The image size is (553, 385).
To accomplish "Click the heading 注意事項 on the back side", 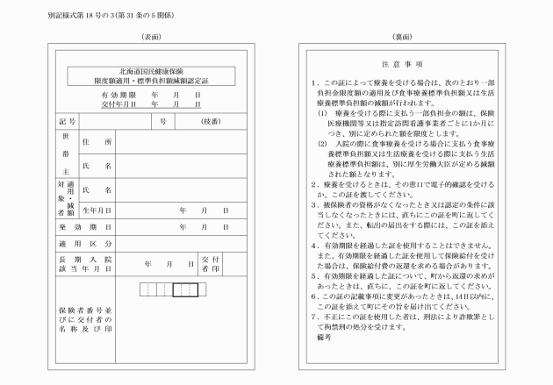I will pyautogui.click(x=402, y=64).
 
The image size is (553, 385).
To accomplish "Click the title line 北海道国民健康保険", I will pyautogui.click(x=150, y=69).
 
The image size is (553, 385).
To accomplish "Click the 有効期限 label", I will pyautogui.click(x=118, y=93).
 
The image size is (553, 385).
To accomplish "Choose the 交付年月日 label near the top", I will pyautogui.click(x=118, y=103).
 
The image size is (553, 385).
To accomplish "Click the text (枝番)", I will pyautogui.click(x=212, y=120).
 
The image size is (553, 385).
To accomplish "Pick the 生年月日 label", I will pyautogui.click(x=96, y=210).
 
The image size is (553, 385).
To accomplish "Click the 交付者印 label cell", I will pyautogui.click(x=210, y=264).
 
